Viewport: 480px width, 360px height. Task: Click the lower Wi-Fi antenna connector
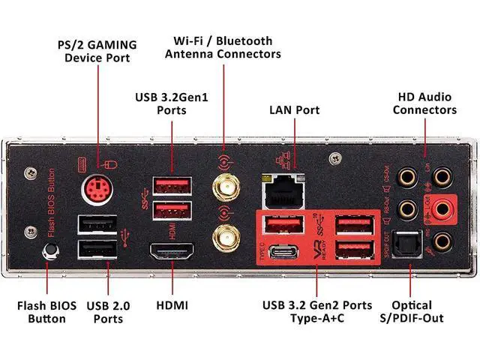(223, 239)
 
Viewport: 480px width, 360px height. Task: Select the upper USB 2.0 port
(97, 223)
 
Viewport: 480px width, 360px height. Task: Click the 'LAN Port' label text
(294, 110)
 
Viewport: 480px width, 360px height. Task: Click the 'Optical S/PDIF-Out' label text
(412, 311)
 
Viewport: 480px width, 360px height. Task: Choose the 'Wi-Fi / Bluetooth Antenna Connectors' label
(223, 47)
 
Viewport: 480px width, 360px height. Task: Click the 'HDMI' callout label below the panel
(172, 305)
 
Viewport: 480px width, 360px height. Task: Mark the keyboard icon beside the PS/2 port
(85, 163)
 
